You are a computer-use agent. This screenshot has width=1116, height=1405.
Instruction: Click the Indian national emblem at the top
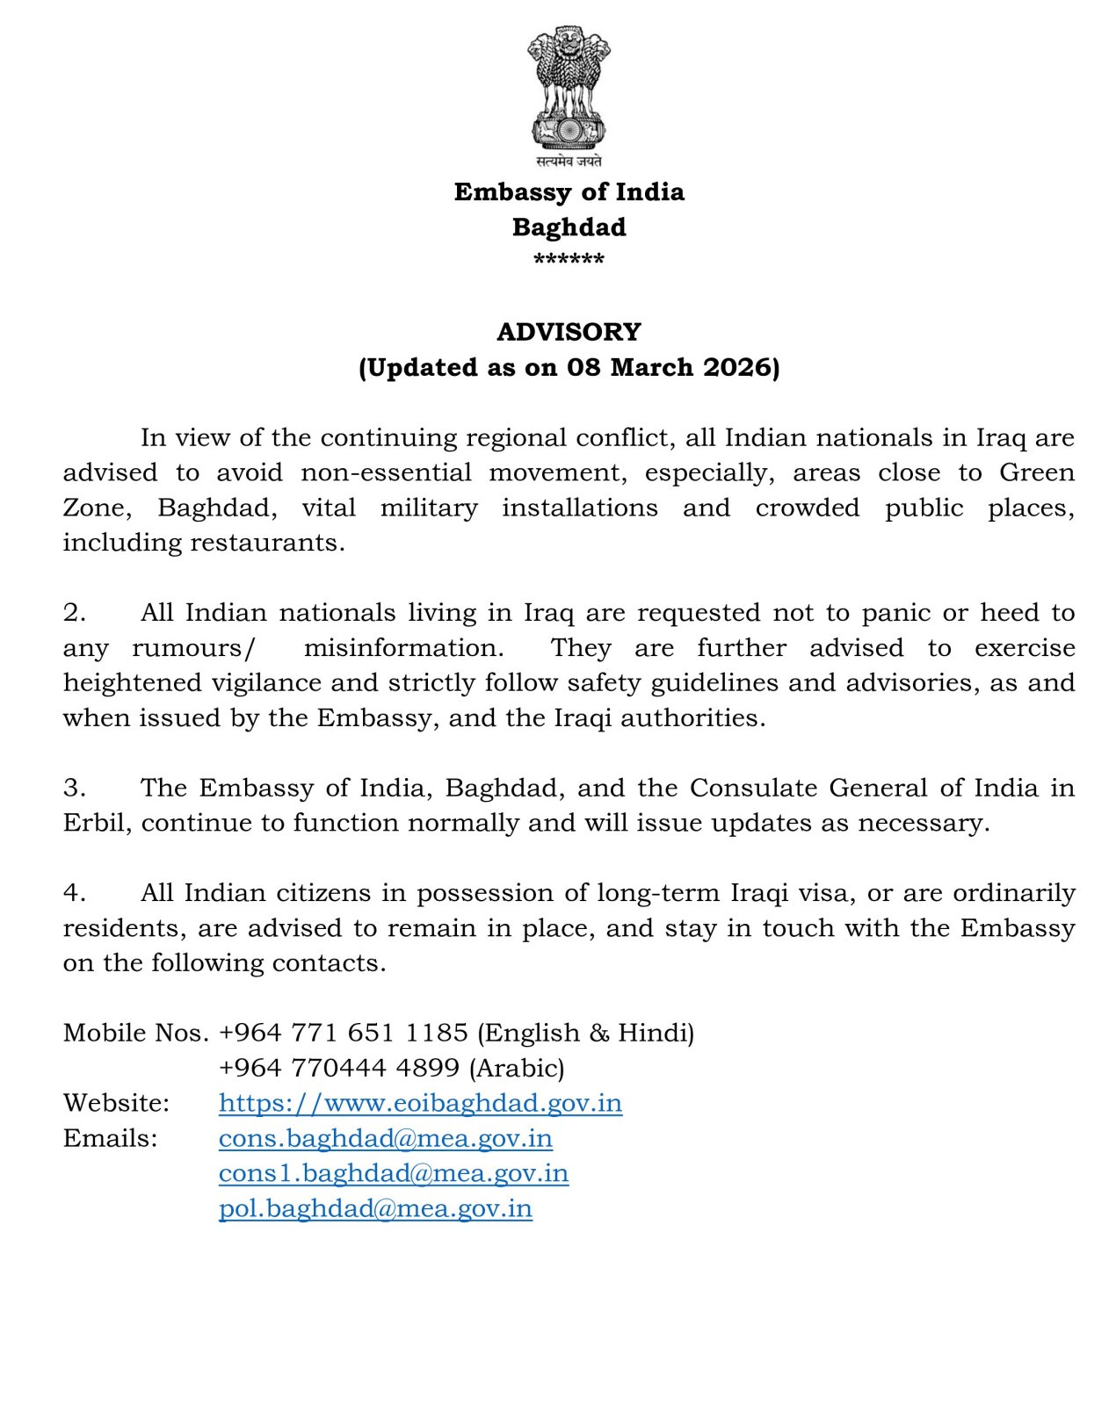569,88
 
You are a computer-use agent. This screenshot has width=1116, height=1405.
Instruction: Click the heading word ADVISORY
569,332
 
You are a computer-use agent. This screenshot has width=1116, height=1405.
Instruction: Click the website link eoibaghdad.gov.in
420,1103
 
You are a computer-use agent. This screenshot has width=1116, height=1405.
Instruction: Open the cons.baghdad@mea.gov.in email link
386,1138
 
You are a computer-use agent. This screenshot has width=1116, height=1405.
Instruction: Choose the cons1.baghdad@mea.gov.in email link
394,1173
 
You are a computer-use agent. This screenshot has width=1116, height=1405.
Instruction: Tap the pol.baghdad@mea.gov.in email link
375,1208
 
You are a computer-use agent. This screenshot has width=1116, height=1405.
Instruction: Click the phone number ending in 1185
344,1033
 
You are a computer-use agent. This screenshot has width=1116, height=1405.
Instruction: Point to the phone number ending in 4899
339,1068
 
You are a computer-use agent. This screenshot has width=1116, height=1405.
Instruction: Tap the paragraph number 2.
74,613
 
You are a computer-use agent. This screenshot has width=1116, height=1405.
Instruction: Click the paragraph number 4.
74,893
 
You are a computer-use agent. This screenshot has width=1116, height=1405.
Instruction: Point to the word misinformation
403,648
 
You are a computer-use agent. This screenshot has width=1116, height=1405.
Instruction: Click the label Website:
116,1103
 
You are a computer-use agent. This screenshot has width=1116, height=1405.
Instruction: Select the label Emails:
110,1138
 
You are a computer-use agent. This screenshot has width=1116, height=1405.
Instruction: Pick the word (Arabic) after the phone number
517,1068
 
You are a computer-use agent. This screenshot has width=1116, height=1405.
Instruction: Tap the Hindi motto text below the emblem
569,162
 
